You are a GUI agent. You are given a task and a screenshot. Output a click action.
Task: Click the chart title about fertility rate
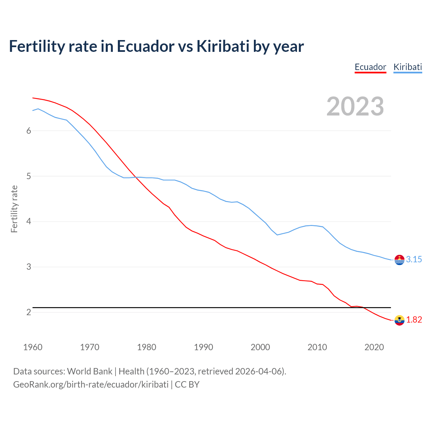tap(156, 46)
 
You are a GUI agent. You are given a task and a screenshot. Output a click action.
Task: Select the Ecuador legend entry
tap(370, 67)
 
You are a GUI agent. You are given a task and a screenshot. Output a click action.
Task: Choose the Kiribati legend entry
tap(407, 67)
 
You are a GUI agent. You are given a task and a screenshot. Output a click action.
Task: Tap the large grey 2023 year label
tap(355, 106)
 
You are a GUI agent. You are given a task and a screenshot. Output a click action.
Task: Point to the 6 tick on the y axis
tap(29, 131)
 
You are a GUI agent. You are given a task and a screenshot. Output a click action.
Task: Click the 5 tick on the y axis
tap(29, 176)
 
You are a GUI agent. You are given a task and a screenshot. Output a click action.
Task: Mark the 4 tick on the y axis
tap(29, 222)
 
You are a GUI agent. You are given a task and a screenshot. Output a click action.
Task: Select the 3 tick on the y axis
tap(29, 267)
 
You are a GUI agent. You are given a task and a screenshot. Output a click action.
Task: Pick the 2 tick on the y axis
tap(29, 312)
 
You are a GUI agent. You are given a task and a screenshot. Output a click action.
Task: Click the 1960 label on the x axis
tap(33, 347)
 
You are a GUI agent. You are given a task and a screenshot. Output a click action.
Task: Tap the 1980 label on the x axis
tap(146, 347)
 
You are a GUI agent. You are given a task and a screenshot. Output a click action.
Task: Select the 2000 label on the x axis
tap(260, 347)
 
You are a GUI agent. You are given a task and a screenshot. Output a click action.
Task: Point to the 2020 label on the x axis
tap(374, 347)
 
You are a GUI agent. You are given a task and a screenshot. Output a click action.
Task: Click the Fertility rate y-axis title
tap(14, 209)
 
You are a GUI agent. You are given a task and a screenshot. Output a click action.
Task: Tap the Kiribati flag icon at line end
tap(399, 260)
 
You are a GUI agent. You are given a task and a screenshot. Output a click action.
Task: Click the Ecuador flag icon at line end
tap(399, 320)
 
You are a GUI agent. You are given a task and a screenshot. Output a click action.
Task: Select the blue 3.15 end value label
tap(414, 259)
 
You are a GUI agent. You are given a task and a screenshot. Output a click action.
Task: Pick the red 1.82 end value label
tap(414, 320)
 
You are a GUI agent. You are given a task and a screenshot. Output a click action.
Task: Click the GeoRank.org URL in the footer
tap(91, 385)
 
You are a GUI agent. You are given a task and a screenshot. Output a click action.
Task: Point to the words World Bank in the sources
tap(90, 371)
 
